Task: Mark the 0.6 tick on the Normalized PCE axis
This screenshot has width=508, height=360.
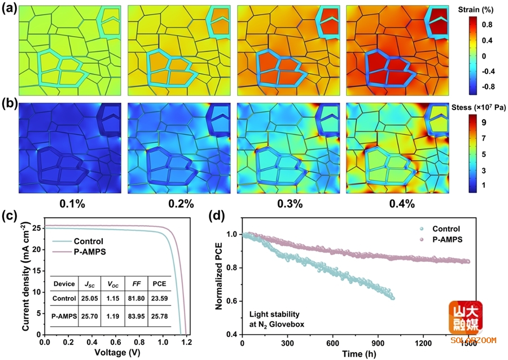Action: tap(232, 301)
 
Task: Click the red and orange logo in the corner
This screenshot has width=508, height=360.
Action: tap(465, 317)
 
